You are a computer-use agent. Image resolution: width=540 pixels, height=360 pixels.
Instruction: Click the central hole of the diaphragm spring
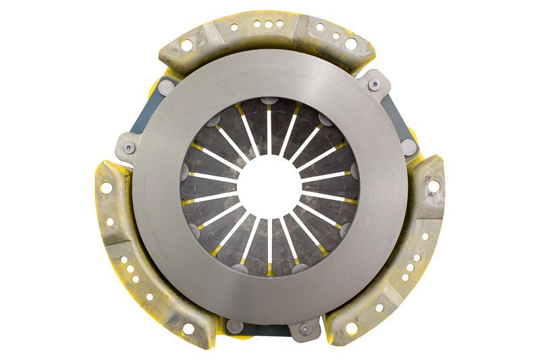pos(269,181)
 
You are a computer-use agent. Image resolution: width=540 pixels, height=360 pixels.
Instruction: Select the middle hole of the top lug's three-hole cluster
pos(269,25)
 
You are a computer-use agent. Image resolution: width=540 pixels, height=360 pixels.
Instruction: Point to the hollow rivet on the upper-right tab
pos(374,84)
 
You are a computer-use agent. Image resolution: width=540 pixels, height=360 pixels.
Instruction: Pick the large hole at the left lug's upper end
pos(106,188)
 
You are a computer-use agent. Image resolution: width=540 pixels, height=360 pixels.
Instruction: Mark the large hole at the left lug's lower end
pos(188,329)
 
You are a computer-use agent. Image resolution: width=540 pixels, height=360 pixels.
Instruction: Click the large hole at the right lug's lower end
pos(351,328)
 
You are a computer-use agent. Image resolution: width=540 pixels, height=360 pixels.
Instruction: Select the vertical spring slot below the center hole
pos(269,240)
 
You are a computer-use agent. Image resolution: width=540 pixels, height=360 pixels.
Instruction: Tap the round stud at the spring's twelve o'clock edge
pos(269,101)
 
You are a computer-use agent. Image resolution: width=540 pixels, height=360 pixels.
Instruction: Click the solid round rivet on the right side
pos(408,148)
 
